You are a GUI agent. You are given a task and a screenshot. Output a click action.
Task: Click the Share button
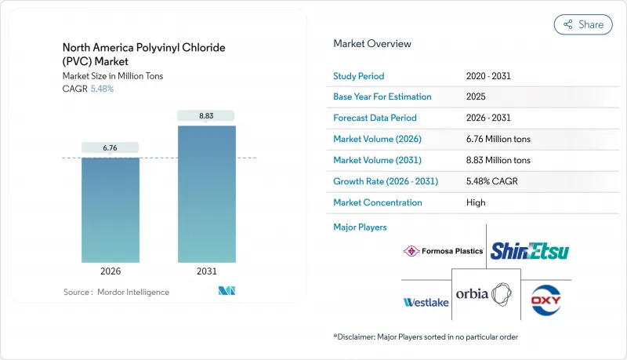click(x=583, y=24)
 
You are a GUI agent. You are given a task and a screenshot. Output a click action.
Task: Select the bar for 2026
click(x=111, y=210)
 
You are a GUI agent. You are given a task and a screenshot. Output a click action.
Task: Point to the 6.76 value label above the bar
click(x=111, y=147)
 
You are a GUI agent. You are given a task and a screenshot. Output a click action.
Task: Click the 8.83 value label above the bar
click(x=206, y=116)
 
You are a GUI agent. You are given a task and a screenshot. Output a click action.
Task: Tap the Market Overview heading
click(x=371, y=44)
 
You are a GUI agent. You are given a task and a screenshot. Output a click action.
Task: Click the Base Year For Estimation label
click(x=382, y=97)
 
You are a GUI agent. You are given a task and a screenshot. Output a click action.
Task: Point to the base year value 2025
click(x=476, y=97)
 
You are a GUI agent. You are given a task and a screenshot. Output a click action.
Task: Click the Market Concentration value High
click(x=475, y=202)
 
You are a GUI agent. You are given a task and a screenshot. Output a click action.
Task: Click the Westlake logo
click(x=426, y=302)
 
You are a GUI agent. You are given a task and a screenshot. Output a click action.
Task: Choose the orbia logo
click(x=490, y=295)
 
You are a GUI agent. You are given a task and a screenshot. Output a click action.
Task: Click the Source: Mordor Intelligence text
click(x=116, y=292)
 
